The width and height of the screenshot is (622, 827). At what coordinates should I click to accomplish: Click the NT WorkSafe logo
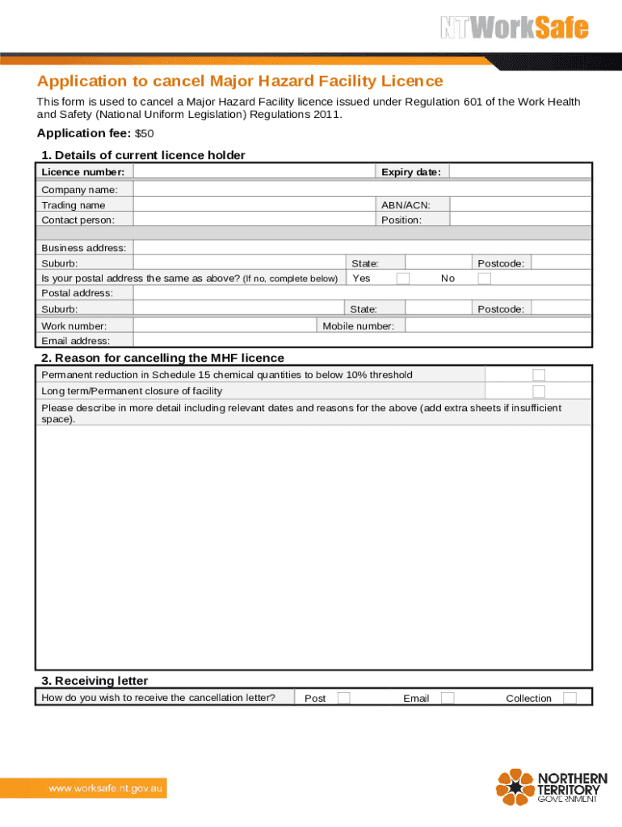tap(514, 28)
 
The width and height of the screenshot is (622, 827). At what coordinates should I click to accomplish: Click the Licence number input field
tap(254, 172)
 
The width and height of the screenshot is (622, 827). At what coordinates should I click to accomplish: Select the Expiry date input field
tap(519, 172)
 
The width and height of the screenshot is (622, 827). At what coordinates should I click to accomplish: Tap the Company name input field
tap(362, 189)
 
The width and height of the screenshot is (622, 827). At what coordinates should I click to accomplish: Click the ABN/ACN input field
tap(519, 205)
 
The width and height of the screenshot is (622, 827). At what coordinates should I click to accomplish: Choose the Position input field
tap(519, 220)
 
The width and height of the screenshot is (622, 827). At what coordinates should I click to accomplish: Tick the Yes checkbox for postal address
tap(402, 279)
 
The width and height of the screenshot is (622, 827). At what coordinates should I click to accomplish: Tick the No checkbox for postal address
tap(484, 279)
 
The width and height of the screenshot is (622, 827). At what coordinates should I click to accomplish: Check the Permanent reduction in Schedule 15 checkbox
tap(539, 375)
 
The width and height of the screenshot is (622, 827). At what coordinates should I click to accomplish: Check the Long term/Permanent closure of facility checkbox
tap(539, 391)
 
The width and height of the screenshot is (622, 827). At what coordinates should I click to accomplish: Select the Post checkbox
tap(344, 698)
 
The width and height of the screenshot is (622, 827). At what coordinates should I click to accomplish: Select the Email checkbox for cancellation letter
tap(448, 698)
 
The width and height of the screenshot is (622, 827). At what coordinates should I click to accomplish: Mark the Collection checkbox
tap(569, 698)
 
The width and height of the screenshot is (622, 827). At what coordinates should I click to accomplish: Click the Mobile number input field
tap(498, 325)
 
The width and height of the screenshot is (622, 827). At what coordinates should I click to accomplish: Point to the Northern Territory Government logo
tap(548, 786)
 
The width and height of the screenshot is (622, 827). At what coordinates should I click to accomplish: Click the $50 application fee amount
tap(144, 133)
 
